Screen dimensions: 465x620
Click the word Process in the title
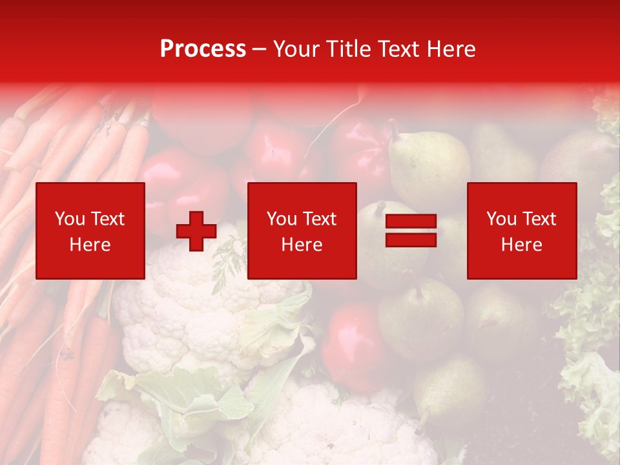[x=203, y=49]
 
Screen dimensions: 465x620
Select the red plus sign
[x=196, y=231]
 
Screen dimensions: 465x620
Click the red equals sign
[x=411, y=231]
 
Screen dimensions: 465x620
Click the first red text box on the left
[x=90, y=231]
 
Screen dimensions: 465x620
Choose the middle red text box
[x=302, y=231]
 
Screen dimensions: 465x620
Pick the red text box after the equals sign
[x=522, y=231]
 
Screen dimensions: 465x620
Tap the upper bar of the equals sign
[x=411, y=222]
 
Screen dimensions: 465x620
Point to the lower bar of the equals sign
[x=411, y=240]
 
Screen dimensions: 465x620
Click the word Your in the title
[x=296, y=49]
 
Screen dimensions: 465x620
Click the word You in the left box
[x=70, y=219]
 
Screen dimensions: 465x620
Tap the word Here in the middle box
[x=302, y=244]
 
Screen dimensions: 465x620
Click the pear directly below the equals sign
[x=420, y=316]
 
